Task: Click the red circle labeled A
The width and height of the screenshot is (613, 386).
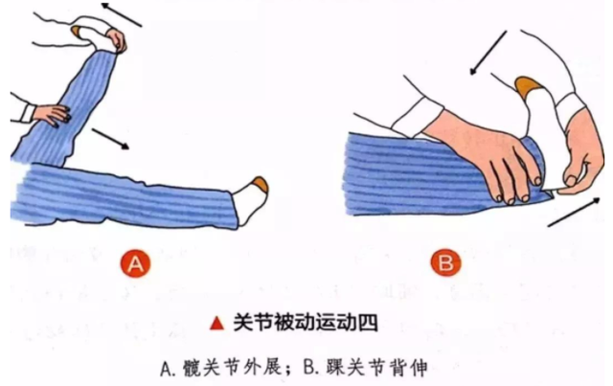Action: pos(135,263)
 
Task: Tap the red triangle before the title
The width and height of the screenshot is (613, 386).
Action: pos(217,323)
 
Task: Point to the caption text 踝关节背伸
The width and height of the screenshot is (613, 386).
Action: pos(377,368)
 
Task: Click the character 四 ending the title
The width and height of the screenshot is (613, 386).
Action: pos(368,323)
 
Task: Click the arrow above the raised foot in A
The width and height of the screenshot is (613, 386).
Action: pos(122,15)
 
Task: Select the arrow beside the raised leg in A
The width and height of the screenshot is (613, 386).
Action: pos(110,139)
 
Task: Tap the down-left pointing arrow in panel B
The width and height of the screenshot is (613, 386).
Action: pos(488,53)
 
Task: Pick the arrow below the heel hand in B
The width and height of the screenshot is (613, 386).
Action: pos(574,212)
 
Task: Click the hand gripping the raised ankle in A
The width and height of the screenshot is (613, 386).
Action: pos(117,41)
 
